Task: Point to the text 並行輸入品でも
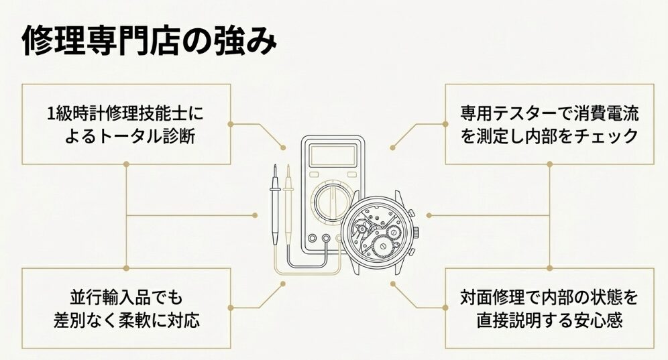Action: pos(126,296)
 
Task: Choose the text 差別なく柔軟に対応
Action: pos(127,320)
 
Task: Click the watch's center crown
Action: pos(417,233)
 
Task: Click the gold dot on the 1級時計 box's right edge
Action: pos(231,124)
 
